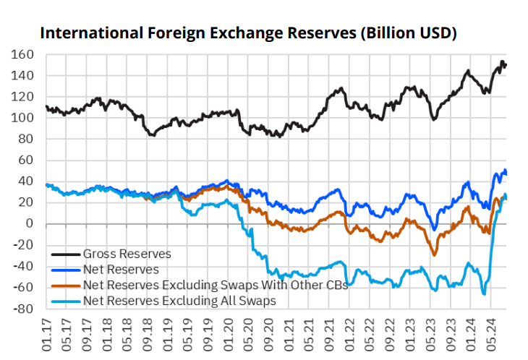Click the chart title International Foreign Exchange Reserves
click(x=247, y=33)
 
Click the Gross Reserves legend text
click(x=127, y=254)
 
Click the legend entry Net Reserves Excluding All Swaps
click(x=179, y=300)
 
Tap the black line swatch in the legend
click(x=66, y=254)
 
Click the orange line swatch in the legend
click(x=66, y=285)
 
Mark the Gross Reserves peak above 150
click(x=502, y=62)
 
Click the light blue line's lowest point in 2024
click(x=484, y=293)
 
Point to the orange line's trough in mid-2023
click(x=435, y=254)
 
